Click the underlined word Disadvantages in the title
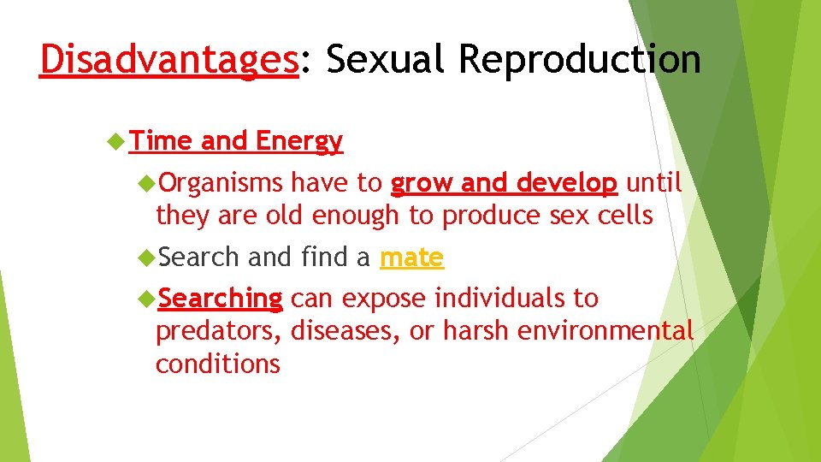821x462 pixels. coord(168,60)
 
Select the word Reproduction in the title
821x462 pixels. coord(580,60)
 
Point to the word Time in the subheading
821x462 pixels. coord(162,141)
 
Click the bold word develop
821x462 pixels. coord(566,183)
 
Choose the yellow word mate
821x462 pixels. coord(411,257)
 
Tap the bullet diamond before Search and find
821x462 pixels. coord(146,258)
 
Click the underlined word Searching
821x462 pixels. coord(220,299)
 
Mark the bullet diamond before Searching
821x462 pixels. coord(146,299)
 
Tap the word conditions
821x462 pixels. coord(217,364)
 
